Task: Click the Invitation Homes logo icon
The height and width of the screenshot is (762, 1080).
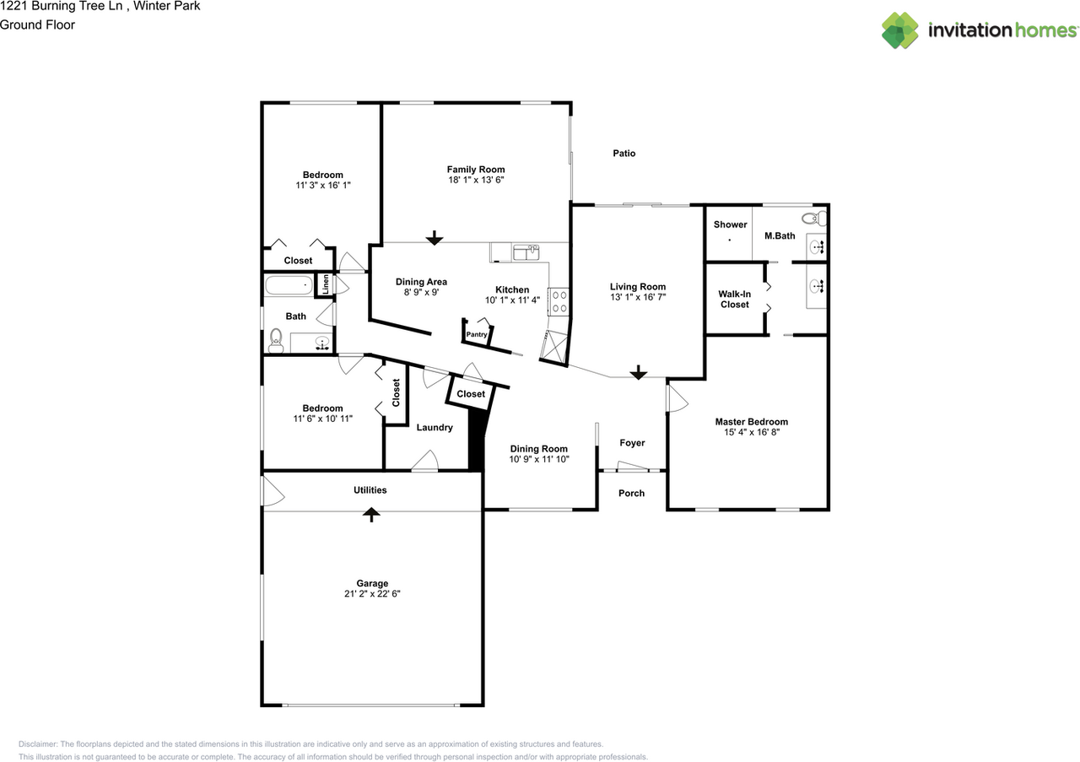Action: pos(899,30)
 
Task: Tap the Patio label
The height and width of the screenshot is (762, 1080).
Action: pos(624,154)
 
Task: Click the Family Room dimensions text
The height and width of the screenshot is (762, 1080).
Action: pos(476,180)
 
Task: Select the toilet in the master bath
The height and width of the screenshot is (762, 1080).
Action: pos(814,219)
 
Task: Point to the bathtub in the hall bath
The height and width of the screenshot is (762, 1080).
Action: pos(289,285)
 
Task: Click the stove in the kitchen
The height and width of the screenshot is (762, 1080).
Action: pos(559,301)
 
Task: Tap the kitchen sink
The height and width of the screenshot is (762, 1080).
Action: pos(526,252)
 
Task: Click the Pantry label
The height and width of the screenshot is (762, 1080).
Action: pos(477,334)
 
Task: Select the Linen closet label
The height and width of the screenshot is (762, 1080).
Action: pos(326,284)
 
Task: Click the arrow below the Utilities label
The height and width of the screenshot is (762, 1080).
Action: pos(370,514)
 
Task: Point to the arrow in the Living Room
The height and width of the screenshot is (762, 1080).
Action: pos(639,372)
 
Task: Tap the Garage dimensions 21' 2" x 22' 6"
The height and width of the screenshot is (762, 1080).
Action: pos(372,594)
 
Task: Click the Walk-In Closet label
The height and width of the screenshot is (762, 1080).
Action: pos(734,299)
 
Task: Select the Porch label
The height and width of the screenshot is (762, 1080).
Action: pos(632,493)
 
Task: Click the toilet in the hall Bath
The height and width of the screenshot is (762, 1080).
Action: pos(276,340)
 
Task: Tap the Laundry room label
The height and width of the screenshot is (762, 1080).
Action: pos(435,428)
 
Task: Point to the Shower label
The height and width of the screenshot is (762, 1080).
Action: pos(730,224)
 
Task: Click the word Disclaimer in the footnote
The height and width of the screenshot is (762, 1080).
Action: pos(38,744)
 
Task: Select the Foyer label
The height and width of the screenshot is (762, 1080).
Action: pos(632,443)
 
